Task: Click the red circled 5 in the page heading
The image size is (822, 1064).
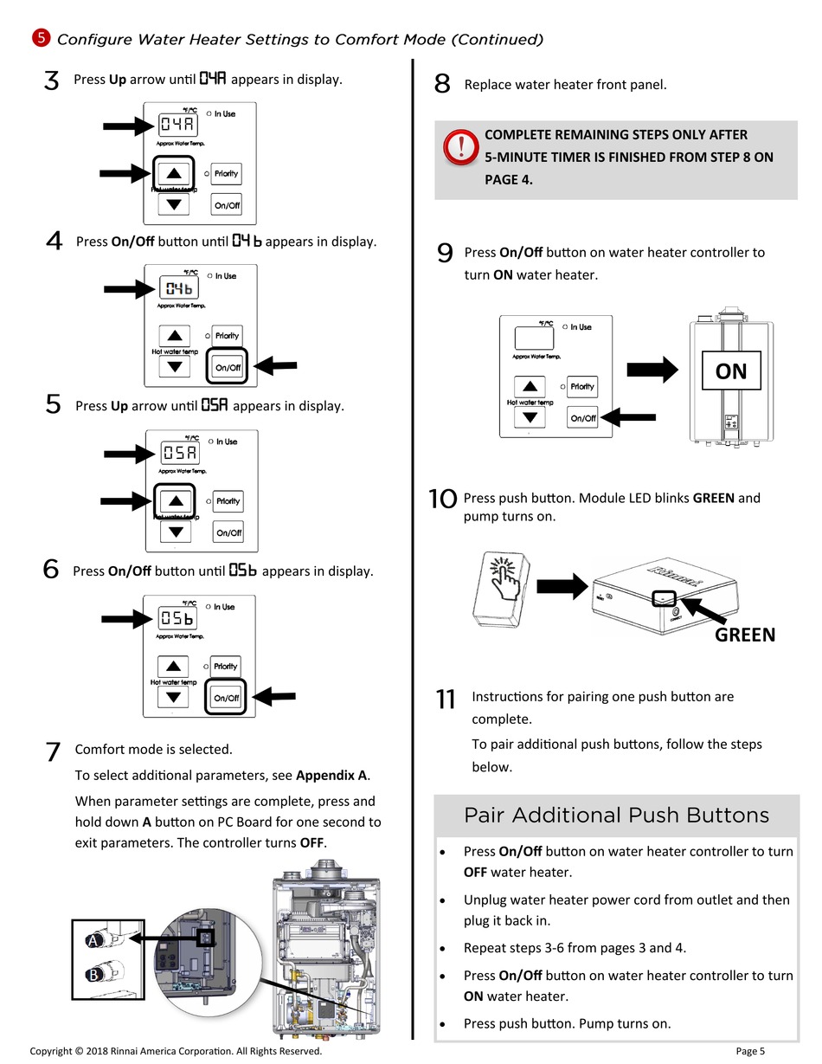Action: coord(42,38)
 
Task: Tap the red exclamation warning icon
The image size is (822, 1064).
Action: coord(461,146)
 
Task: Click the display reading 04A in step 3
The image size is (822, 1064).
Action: coord(177,125)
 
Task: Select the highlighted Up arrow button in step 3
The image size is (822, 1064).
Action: coord(174,173)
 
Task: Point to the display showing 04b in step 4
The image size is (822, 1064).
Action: coord(179,287)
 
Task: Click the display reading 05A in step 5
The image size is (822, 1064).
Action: coord(180,453)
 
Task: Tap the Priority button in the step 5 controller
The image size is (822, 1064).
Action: coord(228,501)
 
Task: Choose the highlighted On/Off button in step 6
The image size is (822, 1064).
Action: coord(226,697)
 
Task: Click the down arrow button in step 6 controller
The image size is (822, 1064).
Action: coord(173,696)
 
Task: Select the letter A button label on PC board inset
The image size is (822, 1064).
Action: coord(93,940)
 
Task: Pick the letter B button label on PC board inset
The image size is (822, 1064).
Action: coord(93,974)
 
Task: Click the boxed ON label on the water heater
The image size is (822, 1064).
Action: coord(731,371)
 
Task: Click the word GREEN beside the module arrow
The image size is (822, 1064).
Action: coord(745,635)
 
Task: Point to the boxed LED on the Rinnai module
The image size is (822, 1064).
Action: coord(664,598)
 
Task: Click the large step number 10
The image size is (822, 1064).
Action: coord(443,499)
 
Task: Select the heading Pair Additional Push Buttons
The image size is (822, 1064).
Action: coord(616,816)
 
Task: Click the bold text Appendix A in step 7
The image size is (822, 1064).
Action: coord(331,775)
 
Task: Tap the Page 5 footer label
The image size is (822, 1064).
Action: coord(750,1051)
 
